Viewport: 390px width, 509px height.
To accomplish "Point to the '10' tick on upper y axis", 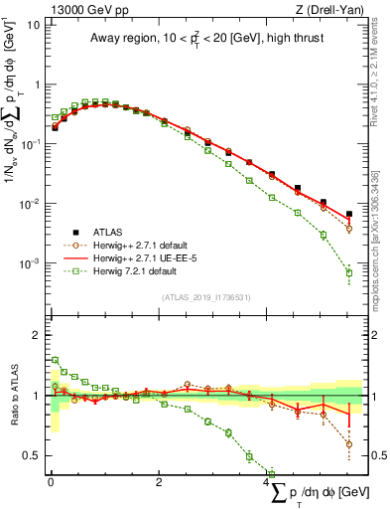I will pyautogui.click(x=33, y=24).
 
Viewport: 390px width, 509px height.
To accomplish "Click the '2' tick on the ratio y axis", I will pyautogui.click(x=36, y=335).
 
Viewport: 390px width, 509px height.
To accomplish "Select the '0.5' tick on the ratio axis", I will pyautogui.click(x=31, y=455).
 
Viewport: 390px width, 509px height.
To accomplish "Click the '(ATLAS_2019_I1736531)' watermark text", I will pyautogui.click(x=207, y=296).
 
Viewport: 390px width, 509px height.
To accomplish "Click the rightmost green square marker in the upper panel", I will pyautogui.click(x=348, y=272).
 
